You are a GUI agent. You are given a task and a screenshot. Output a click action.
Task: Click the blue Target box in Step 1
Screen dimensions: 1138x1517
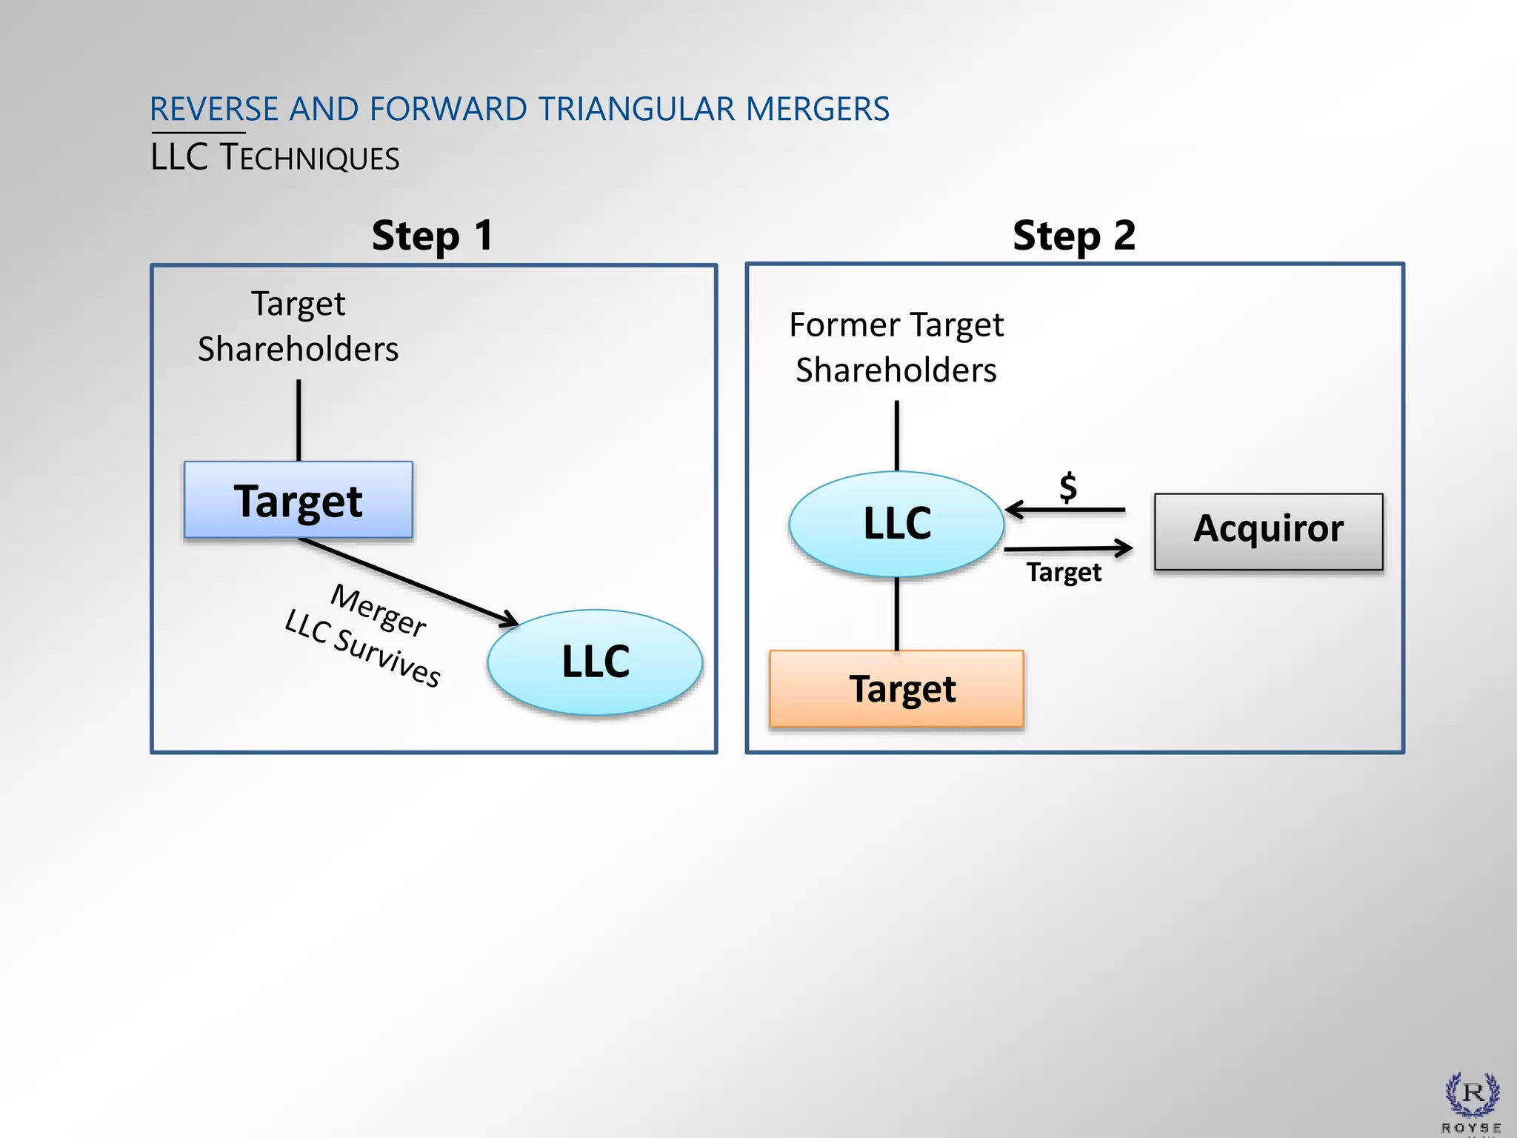click(x=299, y=500)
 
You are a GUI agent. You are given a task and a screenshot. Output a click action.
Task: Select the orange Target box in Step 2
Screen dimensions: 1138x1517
click(x=896, y=689)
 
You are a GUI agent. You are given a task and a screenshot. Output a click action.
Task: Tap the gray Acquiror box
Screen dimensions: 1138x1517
click(x=1268, y=531)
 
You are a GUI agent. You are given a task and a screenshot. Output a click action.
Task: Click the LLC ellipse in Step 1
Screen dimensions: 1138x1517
click(x=595, y=662)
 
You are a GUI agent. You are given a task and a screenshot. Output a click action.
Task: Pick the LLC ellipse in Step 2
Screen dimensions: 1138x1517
click(x=896, y=524)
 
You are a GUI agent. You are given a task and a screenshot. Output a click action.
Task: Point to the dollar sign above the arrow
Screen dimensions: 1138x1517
click(x=1068, y=488)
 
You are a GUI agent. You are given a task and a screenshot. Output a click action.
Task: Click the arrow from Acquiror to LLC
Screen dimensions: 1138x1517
click(x=1067, y=510)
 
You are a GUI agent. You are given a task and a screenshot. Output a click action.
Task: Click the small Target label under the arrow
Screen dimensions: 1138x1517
click(x=1064, y=572)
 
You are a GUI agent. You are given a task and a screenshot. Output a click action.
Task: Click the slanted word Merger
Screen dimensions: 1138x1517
click(x=379, y=610)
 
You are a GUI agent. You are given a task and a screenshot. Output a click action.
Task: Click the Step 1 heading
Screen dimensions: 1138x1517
click(x=433, y=236)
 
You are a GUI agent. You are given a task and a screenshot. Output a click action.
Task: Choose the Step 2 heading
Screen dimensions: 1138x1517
click(x=1074, y=236)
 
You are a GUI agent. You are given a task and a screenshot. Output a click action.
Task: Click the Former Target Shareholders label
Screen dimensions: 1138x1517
click(x=896, y=347)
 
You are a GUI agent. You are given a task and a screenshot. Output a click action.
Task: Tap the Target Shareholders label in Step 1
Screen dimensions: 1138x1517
click(x=298, y=326)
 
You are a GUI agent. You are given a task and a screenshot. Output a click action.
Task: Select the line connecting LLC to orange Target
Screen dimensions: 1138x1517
click(x=897, y=613)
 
